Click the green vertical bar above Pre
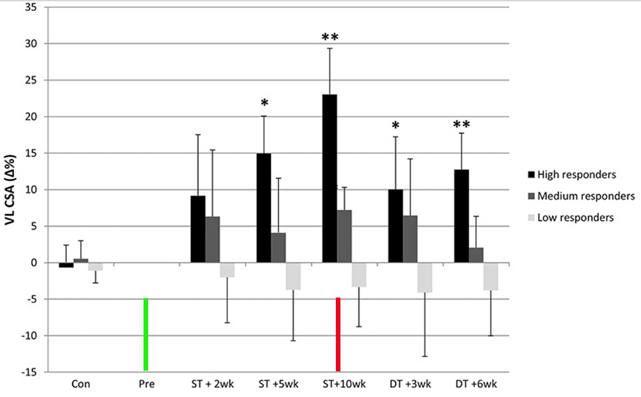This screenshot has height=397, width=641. pyautogui.click(x=146, y=334)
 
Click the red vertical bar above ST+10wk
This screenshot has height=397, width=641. pyautogui.click(x=338, y=334)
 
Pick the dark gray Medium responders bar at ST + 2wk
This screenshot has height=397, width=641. pyautogui.click(x=212, y=239)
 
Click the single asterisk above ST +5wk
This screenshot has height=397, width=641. pyautogui.click(x=263, y=104)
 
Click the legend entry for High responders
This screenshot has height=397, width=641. pyautogui.click(x=573, y=173)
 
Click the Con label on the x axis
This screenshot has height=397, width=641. pyautogui.click(x=81, y=384)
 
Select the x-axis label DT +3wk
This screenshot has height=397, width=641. pyautogui.click(x=410, y=384)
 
